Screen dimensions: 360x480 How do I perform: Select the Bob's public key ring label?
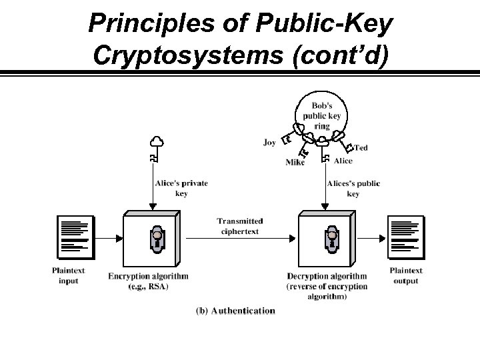point(321,115)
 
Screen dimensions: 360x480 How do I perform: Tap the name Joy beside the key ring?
point(269,143)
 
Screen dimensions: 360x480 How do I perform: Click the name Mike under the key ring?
point(295,162)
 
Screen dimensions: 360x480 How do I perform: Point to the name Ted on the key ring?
point(361,147)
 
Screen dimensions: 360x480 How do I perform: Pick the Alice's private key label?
point(182,188)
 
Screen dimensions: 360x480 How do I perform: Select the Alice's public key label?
point(353,188)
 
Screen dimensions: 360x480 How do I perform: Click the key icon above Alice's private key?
point(157,149)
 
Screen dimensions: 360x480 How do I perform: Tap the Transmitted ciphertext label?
point(239,226)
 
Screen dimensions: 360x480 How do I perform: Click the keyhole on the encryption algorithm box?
point(157,238)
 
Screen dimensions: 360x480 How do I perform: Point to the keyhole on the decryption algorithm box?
point(331,238)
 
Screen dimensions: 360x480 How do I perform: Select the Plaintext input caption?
point(68,275)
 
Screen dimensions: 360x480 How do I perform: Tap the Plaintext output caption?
point(406,275)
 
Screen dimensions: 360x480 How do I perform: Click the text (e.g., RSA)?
point(148,286)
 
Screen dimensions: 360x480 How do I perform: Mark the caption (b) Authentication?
point(235,311)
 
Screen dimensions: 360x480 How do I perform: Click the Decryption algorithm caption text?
point(327,276)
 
